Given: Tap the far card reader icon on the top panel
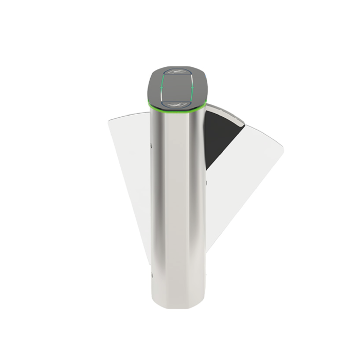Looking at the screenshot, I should click(x=177, y=72).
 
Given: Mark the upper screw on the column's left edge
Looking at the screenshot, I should click(x=151, y=146).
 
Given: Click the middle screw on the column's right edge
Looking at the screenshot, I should click(x=206, y=181).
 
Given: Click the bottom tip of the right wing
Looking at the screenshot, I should click(x=207, y=252).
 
